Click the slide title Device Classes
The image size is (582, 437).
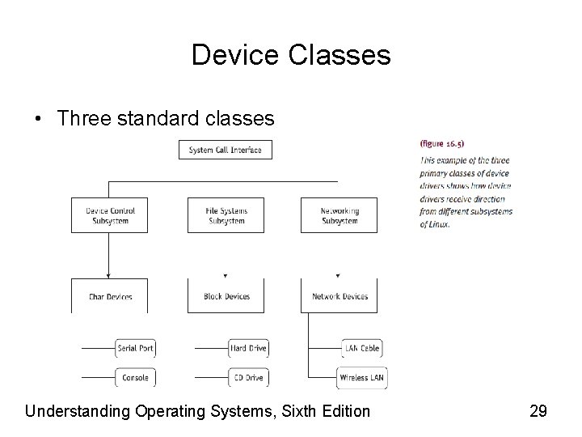tap(291, 55)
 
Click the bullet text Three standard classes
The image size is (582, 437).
tap(166, 118)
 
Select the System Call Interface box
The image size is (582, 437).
tap(225, 150)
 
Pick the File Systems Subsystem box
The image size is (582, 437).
tap(226, 215)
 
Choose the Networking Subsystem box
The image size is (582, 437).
tap(339, 215)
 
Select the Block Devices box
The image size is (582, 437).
tap(226, 295)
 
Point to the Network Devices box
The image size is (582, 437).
tap(339, 295)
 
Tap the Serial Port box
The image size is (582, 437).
tap(135, 348)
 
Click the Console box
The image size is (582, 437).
tap(135, 377)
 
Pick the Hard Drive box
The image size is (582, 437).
tap(248, 348)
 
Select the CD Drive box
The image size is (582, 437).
tap(248, 377)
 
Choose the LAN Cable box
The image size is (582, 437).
tap(361, 348)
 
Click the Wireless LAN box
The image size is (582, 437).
tap(361, 377)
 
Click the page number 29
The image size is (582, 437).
tap(538, 411)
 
